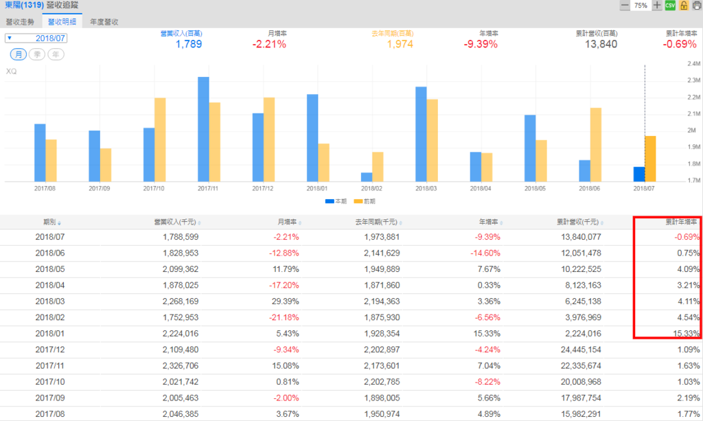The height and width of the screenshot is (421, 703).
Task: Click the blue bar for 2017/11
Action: click(x=203, y=129)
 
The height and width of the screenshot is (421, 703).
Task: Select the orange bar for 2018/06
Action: click(x=596, y=145)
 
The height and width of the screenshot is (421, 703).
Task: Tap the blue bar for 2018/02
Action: click(x=367, y=177)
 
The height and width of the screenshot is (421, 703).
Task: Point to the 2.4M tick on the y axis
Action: click(x=693, y=64)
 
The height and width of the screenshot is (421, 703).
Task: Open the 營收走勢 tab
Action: click(x=20, y=22)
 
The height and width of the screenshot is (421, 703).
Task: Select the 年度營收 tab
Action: click(x=104, y=22)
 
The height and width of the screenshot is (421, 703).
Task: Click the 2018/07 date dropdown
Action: click(x=37, y=38)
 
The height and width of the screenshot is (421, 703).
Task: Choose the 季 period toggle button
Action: click(x=37, y=54)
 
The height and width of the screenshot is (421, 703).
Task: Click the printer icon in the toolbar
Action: click(x=695, y=5)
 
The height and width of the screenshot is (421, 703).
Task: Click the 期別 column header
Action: click(x=52, y=222)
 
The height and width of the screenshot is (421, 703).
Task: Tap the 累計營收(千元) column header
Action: click(x=579, y=222)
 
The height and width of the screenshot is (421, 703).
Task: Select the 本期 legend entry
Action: click(x=336, y=201)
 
